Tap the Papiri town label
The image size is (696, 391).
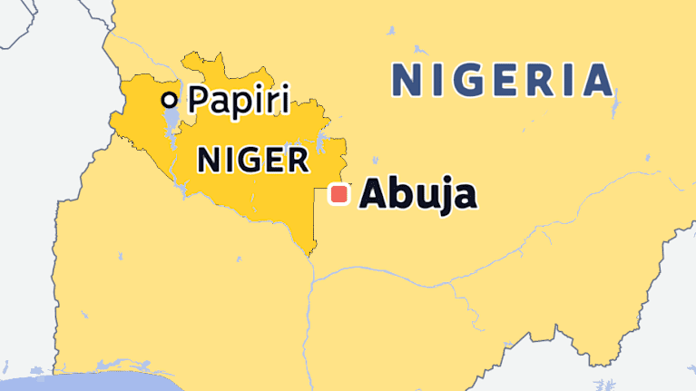(239, 100)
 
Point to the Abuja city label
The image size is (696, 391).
(417, 195)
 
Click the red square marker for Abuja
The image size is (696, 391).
(339, 194)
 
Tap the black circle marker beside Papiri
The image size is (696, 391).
(169, 100)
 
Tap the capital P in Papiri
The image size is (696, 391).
(199, 101)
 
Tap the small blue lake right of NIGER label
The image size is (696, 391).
(320, 142)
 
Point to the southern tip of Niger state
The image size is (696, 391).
(313, 253)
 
